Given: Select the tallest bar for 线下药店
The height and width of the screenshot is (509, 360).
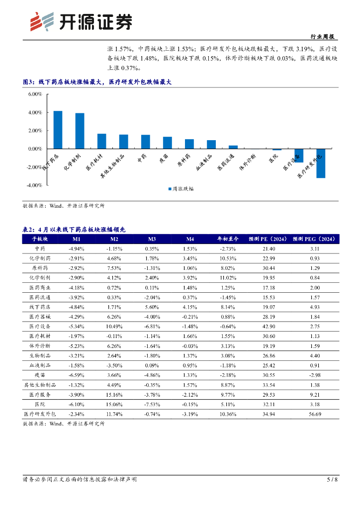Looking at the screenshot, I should tap(58, 130).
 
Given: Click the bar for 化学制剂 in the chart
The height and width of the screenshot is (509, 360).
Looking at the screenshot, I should tap(80, 131).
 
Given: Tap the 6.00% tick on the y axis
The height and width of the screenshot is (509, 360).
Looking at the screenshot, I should tap(35, 94).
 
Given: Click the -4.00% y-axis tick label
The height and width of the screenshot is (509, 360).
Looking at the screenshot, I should tap(34, 185).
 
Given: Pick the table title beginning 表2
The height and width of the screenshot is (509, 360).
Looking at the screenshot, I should tap(75, 229).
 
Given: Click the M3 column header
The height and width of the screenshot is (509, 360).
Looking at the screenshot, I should tap(152, 239).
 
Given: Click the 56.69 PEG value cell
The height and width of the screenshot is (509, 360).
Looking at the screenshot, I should tap(314, 414).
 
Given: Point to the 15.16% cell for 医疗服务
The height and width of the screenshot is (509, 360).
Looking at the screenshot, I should tap(114, 394).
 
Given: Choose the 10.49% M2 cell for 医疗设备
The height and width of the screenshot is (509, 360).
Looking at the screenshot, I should tap(114, 327).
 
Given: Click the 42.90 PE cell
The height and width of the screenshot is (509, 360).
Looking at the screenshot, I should tap(269, 327).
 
